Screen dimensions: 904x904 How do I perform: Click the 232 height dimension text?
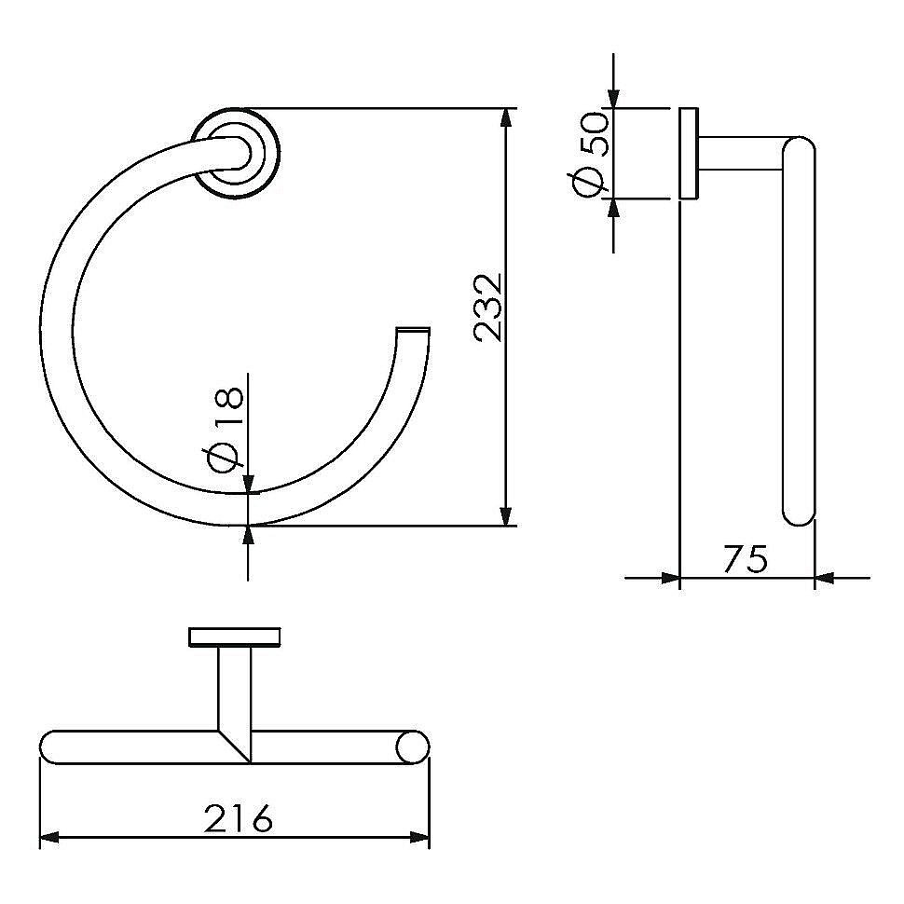point(487,308)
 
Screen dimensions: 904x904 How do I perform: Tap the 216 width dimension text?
point(238,817)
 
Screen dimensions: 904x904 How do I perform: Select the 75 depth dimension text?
point(746,558)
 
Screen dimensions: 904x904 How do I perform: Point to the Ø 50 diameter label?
point(588,155)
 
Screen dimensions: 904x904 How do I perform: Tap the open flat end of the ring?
point(414,330)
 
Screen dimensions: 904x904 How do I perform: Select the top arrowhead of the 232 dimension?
point(506,117)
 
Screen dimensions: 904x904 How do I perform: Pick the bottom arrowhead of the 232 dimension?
point(506,516)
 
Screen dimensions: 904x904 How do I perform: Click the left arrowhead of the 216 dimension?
point(49,837)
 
